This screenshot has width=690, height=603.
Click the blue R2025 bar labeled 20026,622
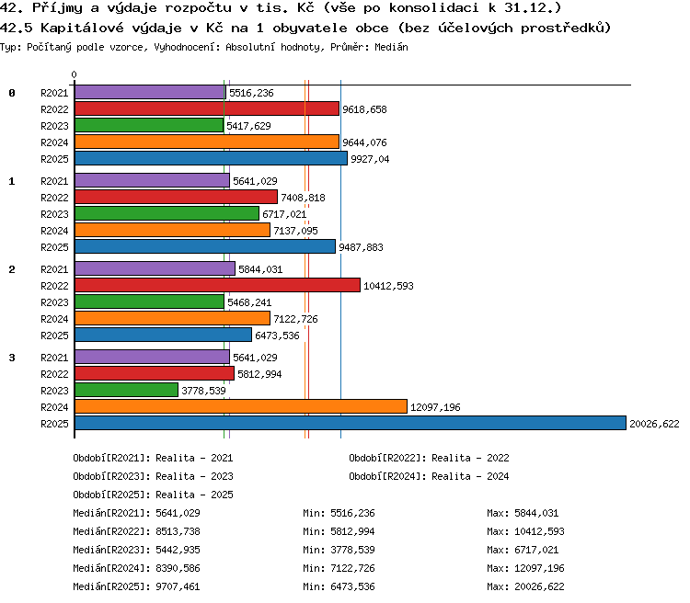point(351,423)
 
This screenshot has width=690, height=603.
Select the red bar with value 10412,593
point(217,285)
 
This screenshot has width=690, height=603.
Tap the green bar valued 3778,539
point(126,390)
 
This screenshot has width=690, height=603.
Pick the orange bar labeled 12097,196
point(241,406)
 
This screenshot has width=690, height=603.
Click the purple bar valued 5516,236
point(150,92)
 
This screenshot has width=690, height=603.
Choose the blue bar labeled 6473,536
point(163,335)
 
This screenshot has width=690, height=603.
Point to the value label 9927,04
point(370,159)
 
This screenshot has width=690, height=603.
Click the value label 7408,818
point(303,198)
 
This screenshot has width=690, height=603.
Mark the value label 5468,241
point(249,302)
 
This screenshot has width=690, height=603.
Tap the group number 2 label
point(12,269)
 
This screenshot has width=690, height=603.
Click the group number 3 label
point(12,358)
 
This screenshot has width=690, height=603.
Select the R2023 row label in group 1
point(54,214)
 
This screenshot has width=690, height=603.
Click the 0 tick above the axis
point(74,74)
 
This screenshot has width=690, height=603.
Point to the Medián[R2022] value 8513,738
point(178,531)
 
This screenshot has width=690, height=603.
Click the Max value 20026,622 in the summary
point(539,586)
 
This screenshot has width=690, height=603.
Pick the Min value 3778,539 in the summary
point(352,550)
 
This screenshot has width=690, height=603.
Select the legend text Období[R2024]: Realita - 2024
point(429,476)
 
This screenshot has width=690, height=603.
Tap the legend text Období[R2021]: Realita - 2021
point(153,458)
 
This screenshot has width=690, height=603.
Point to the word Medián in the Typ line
point(391,47)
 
